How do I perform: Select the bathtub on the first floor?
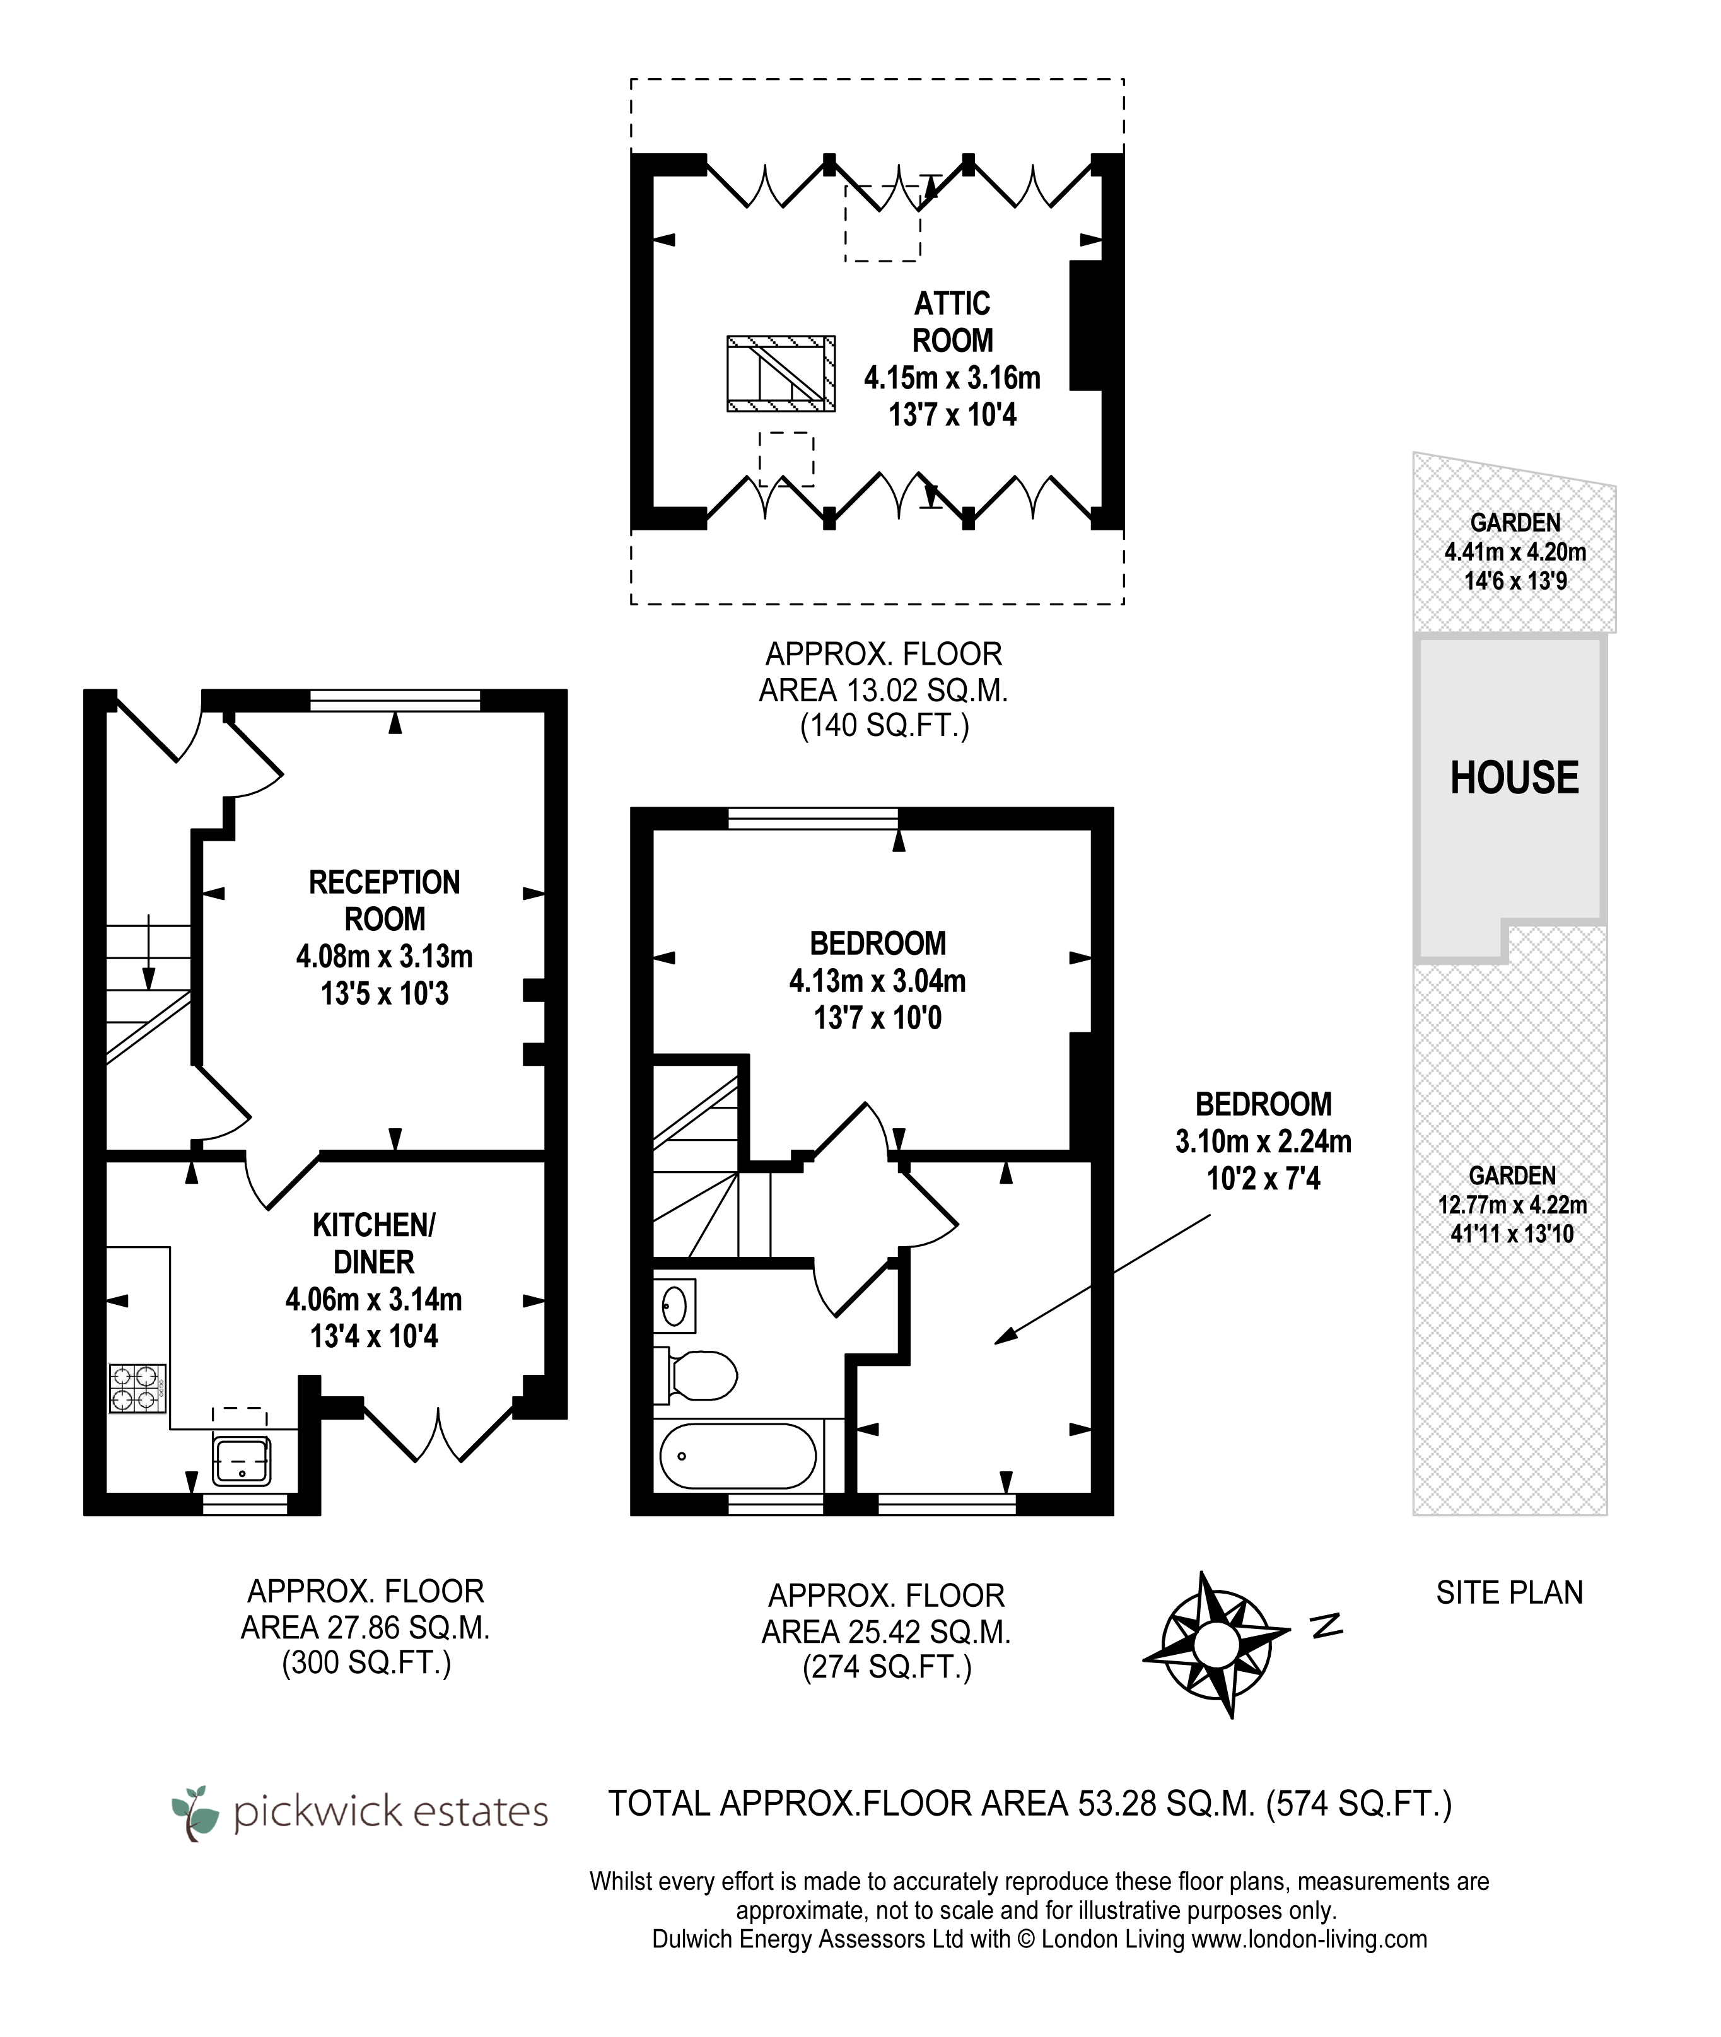[738, 1456]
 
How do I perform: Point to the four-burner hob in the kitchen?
[137, 1388]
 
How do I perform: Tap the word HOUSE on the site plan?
[1514, 778]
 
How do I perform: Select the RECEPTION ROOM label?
[385, 901]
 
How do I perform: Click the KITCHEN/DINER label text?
[374, 1243]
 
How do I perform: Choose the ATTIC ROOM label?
[952, 322]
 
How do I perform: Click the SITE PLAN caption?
[1509, 1593]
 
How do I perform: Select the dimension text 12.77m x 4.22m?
[1512, 1205]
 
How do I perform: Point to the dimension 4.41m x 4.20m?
[1515, 552]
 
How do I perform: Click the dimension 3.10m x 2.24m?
[1263, 1141]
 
